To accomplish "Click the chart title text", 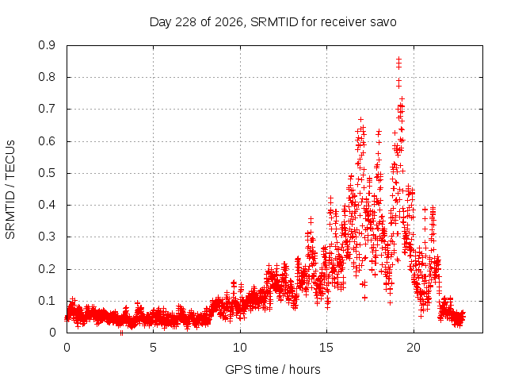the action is point(273,22).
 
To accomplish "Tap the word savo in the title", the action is point(383,22).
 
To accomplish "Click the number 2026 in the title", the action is point(229,22).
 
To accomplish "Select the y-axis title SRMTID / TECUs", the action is point(10,190).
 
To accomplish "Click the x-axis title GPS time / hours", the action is point(273,369).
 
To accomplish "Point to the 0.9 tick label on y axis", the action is point(47,45).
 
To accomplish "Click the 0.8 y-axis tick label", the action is point(47,77).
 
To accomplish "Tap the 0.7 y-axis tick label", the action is point(47,109).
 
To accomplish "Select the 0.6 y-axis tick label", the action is point(47,141).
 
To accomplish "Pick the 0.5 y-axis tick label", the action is point(47,173).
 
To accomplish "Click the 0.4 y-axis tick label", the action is point(47,205).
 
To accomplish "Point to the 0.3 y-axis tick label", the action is point(47,237).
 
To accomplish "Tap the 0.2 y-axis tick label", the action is point(47,268).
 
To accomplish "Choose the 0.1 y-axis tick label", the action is point(47,301).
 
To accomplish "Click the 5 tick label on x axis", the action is point(153,348).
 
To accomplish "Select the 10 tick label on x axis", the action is point(240,348).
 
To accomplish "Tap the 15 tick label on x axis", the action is point(326,348).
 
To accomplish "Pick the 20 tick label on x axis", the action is point(414,348).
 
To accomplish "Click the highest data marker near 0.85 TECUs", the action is point(398,60).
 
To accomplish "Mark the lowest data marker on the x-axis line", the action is point(121,333).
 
